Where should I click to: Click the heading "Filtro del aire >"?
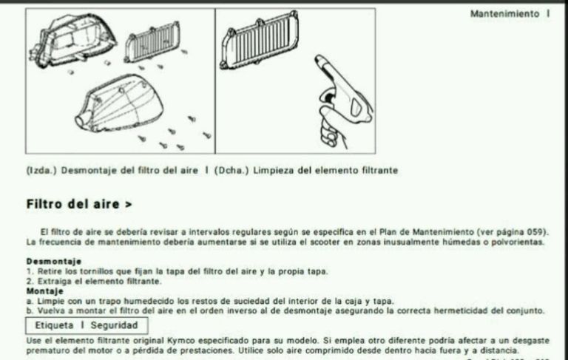79,204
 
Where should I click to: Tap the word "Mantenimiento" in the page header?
505,14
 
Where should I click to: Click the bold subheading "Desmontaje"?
54,261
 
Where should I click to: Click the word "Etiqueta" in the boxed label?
54,325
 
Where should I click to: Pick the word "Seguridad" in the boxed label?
115,325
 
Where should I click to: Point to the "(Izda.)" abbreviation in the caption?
41,170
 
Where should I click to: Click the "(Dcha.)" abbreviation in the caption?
231,170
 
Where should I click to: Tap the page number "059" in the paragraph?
534,232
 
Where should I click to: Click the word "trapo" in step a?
110,302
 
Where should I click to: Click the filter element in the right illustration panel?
260,41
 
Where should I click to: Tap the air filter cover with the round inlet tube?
119,103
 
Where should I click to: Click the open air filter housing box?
72,41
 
